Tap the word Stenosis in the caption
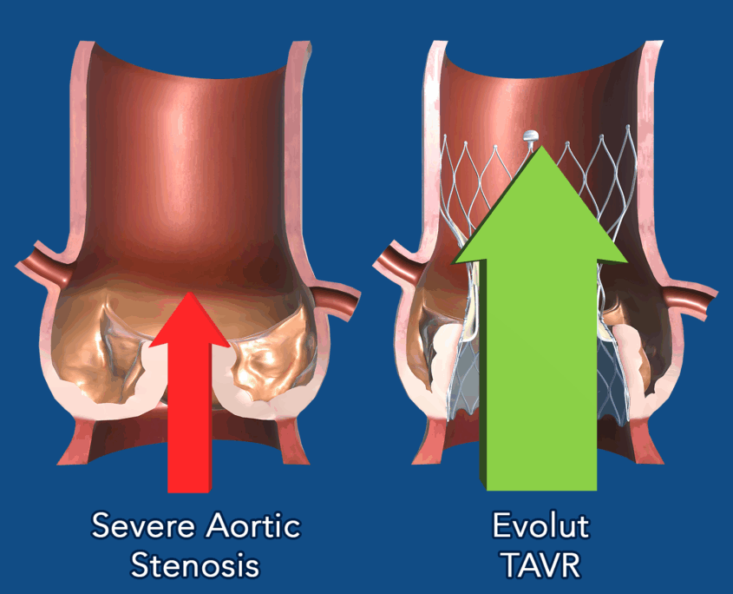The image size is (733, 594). click(195, 565)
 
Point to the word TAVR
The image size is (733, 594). click(542, 565)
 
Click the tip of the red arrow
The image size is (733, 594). click(189, 293)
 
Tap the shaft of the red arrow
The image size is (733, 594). click(189, 419)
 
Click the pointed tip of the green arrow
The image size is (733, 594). click(542, 147)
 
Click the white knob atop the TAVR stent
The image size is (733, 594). click(531, 136)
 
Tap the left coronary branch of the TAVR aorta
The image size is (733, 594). click(401, 263)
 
